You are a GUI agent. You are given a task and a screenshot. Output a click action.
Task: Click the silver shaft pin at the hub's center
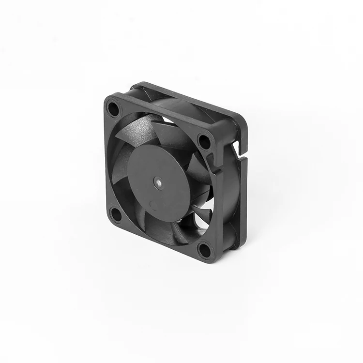click(159, 182)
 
